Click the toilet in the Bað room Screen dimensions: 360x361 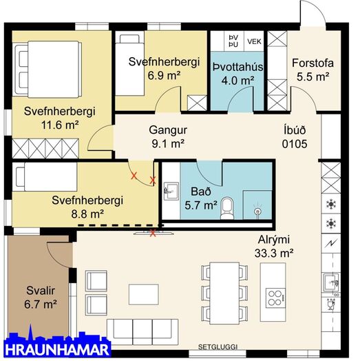pyautogui.click(x=227, y=207)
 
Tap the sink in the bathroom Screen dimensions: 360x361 pyautogui.click(x=171, y=191)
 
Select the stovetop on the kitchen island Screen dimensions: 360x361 pyautogui.click(x=275, y=298)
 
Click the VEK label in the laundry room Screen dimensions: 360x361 pyautogui.click(x=254, y=41)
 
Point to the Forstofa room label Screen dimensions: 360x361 pyautogui.click(x=313, y=63)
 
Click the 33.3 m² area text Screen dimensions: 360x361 pyautogui.click(x=274, y=254)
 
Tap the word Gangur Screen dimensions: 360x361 pyautogui.click(x=168, y=130)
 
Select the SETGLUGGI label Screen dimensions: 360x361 pyautogui.click(x=218, y=347)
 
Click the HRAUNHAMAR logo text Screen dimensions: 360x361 pyautogui.click(x=57, y=350)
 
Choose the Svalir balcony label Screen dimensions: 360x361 pyautogui.click(x=41, y=291)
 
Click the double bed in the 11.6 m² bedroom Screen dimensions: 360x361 pyautogui.click(x=47, y=70)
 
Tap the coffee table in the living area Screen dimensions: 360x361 pyautogui.click(x=144, y=294)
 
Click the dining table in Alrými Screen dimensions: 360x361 pyautogui.click(x=224, y=293)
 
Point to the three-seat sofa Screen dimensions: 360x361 pyautogui.click(x=142, y=332)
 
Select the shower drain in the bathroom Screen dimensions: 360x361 pyautogui.click(x=257, y=211)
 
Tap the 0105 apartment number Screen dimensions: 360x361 pyautogui.click(x=295, y=144)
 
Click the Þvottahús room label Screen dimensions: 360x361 pyautogui.click(x=237, y=67)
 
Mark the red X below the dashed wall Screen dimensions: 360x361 pyautogui.click(x=152, y=234)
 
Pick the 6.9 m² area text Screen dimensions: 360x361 pyautogui.click(x=164, y=76)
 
